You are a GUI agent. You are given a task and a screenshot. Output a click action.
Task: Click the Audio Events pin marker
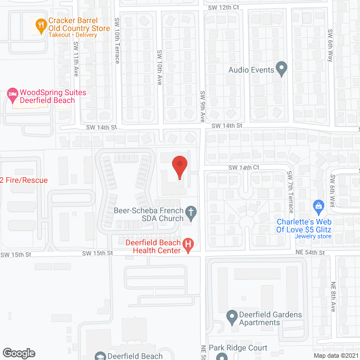(x=282, y=70)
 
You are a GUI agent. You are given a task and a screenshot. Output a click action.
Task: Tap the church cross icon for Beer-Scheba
(x=191, y=213)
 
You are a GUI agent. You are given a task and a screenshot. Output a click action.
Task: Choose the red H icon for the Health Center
(x=189, y=245)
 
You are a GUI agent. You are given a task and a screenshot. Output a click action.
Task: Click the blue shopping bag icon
(x=318, y=206)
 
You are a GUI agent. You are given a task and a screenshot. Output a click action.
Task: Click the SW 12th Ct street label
(x=223, y=7)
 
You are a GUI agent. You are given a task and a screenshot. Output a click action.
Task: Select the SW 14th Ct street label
(x=244, y=168)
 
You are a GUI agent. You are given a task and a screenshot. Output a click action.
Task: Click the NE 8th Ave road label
(x=333, y=297)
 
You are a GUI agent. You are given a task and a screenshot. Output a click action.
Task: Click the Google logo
(x=19, y=353)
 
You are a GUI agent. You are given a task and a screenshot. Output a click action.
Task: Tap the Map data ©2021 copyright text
(x=336, y=355)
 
